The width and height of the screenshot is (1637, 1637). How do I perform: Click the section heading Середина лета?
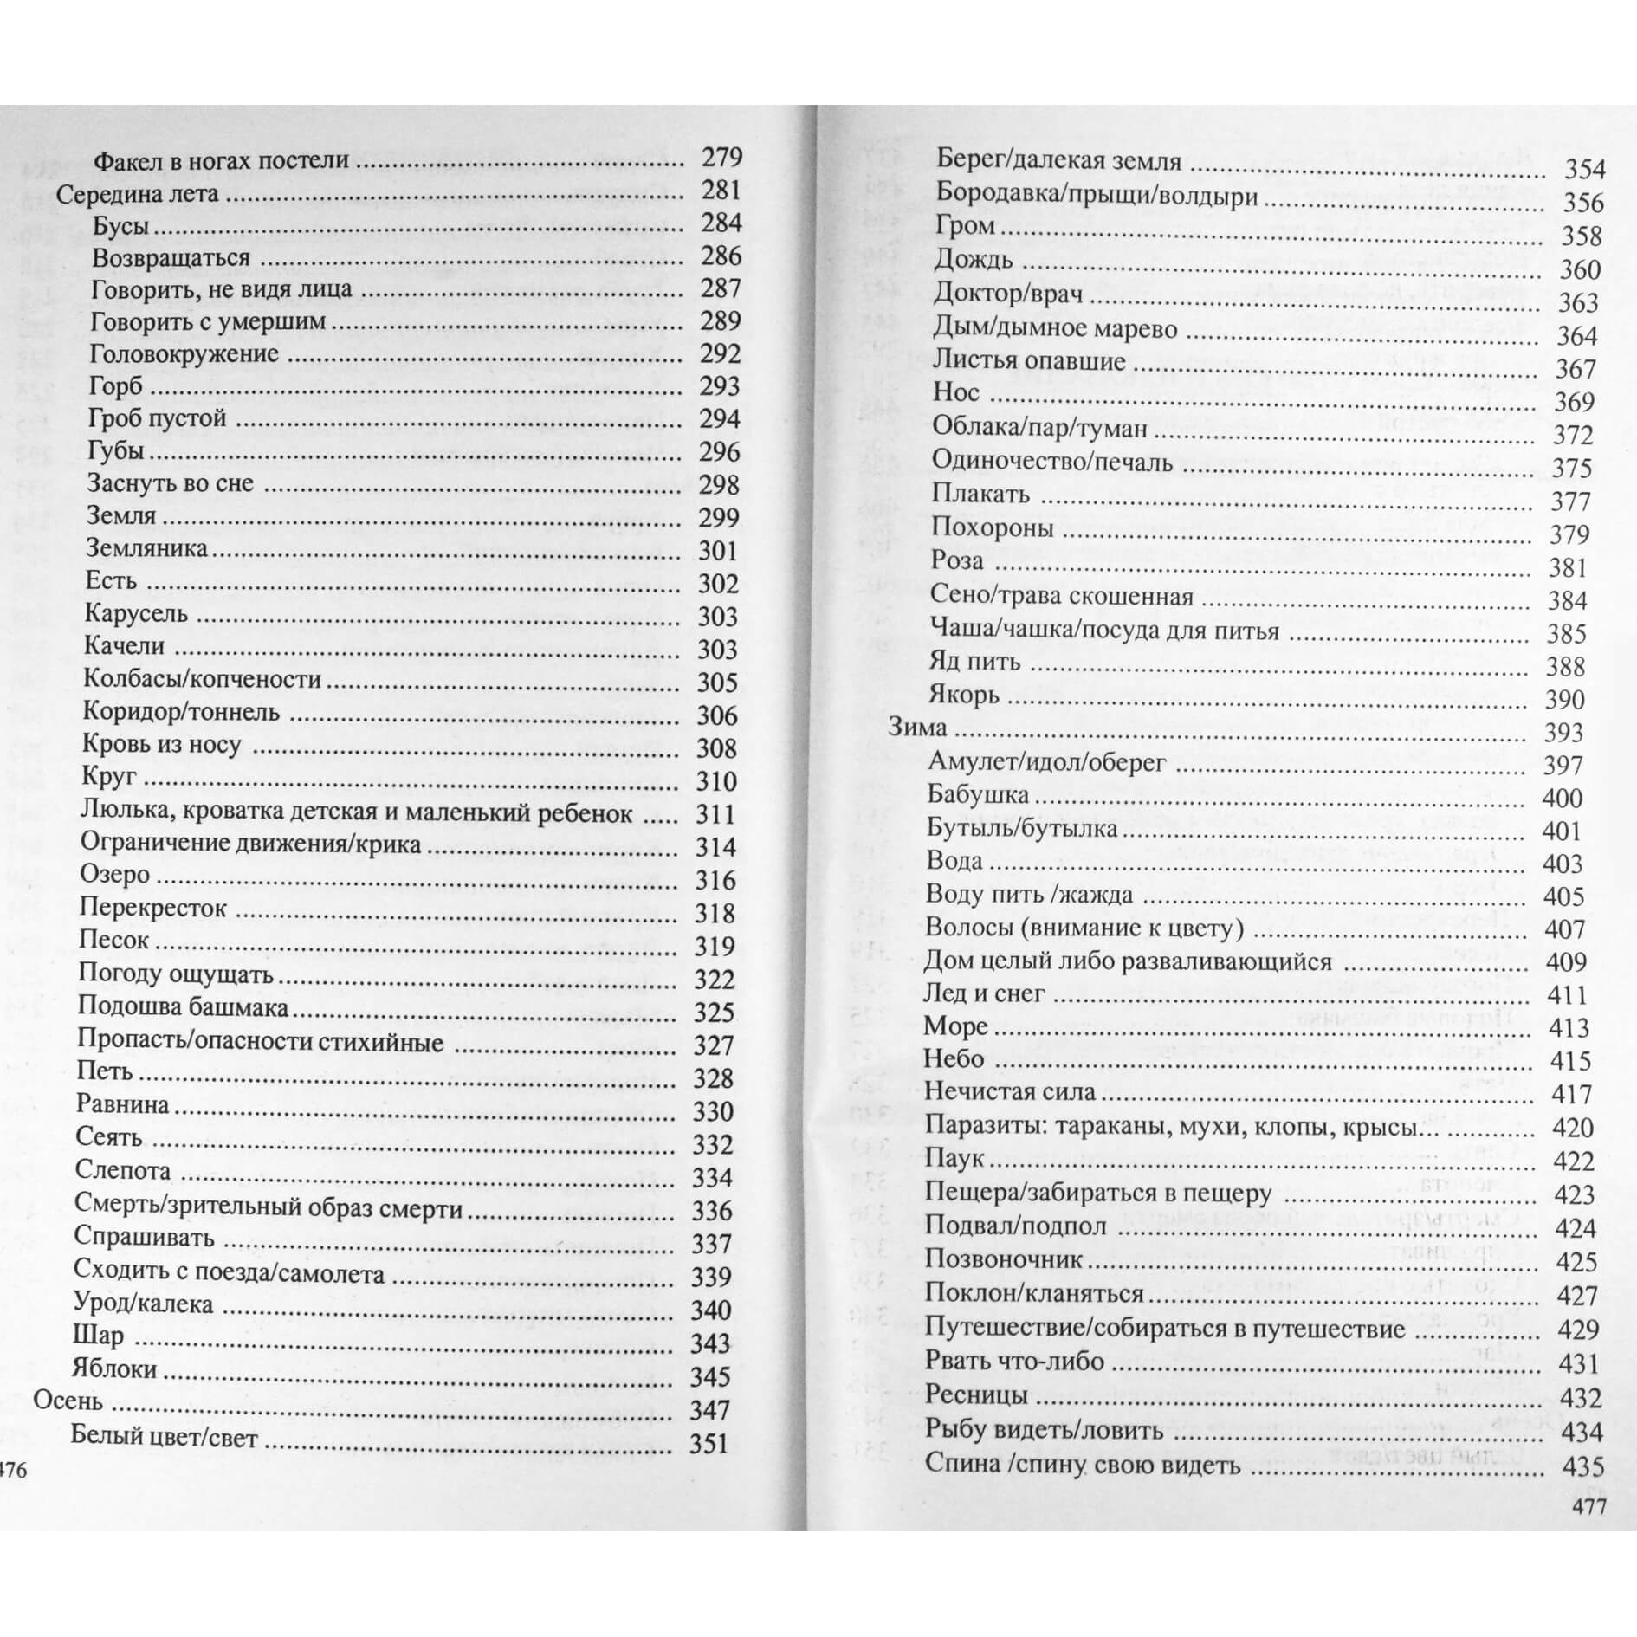coord(138,193)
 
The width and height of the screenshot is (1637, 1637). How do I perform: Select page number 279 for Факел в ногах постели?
coord(721,157)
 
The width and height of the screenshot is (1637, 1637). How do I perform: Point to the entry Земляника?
coord(147,548)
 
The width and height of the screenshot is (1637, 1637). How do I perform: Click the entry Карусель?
coord(136,614)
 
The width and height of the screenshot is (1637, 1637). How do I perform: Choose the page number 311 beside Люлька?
coord(715,814)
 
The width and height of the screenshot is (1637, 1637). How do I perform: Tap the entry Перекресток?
coord(152,908)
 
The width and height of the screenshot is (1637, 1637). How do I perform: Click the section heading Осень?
coord(68,1401)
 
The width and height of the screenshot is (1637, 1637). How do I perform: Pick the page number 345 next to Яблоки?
coord(710,1376)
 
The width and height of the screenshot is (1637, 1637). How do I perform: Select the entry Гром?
coord(965,227)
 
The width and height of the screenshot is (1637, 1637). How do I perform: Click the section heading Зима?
coord(917,727)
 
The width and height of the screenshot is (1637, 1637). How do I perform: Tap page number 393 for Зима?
coord(1563,733)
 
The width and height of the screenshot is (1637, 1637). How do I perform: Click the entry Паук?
coord(954,1158)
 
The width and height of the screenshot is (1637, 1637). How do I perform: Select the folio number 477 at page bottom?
coord(1588,1506)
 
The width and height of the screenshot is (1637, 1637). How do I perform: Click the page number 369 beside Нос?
coord(1575,402)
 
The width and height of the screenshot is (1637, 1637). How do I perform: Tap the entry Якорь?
coord(964,695)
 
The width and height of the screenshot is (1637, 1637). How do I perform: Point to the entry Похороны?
coord(993,527)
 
